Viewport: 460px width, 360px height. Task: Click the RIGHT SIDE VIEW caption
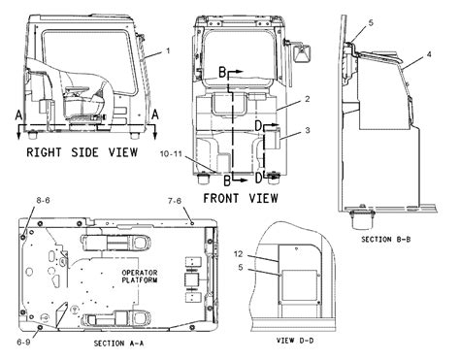click(82, 151)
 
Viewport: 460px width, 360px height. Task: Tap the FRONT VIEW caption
click(238, 197)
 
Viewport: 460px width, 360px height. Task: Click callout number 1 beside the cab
click(167, 49)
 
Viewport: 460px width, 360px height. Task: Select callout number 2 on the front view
click(306, 100)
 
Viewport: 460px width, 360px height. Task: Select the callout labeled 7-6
click(175, 200)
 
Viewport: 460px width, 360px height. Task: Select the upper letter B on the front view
click(220, 72)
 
